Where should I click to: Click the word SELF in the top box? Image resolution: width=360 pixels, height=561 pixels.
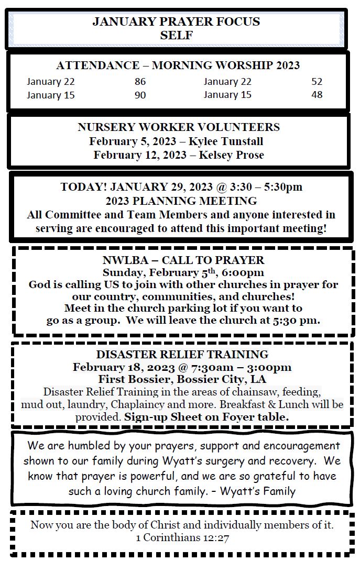[x=177, y=36]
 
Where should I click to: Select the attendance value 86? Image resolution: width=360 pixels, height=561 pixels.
[x=140, y=82]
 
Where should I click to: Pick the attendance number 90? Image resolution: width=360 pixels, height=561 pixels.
[x=140, y=95]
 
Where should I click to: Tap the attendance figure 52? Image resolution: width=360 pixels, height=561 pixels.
[x=317, y=82]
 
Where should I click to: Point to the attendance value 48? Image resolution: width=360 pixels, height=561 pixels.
[x=317, y=95]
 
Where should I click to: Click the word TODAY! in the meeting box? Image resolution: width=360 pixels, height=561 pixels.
[x=84, y=187]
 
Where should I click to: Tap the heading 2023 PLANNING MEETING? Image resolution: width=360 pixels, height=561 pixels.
[x=181, y=201]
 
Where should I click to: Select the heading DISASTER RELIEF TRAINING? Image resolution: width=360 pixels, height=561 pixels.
[x=182, y=354]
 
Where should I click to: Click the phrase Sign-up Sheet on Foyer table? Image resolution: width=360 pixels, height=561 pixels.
[x=206, y=417]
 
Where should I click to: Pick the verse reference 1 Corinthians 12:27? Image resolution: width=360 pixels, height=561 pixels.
[x=182, y=537]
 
